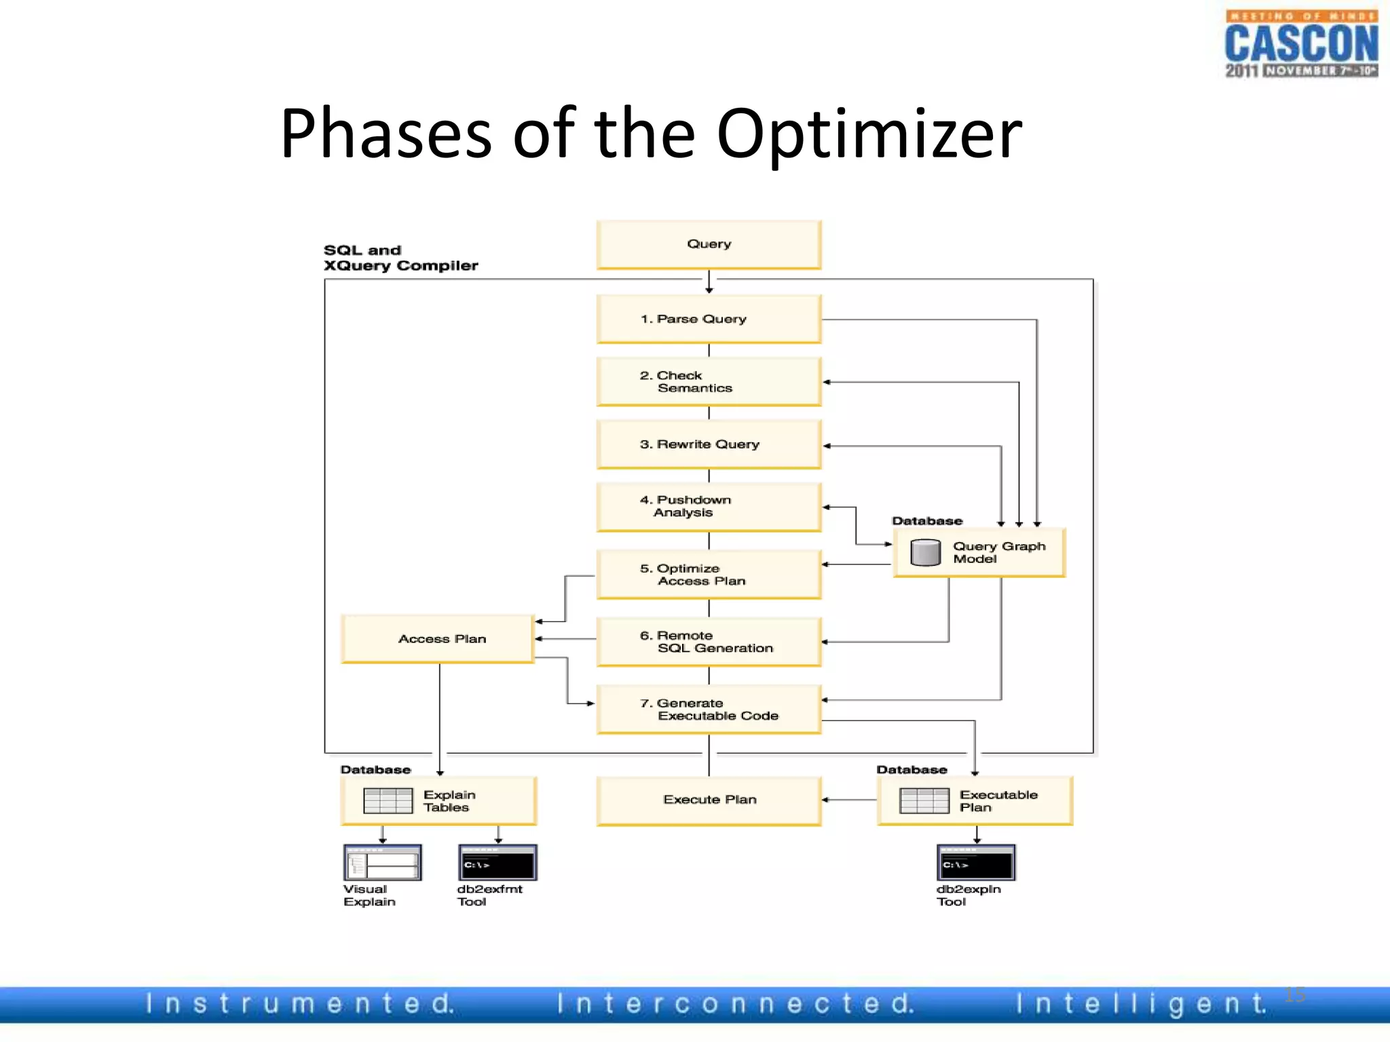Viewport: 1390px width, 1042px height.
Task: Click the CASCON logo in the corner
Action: tap(1300, 44)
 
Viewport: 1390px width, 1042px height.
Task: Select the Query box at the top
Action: tap(709, 244)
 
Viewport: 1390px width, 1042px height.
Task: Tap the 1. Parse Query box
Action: tap(709, 319)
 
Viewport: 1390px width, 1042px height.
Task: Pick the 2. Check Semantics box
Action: tap(709, 382)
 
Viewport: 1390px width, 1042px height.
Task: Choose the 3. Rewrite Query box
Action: tap(709, 444)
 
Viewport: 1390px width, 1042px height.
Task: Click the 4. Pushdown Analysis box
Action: tap(709, 507)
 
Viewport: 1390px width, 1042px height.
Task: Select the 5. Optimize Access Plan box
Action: tap(709, 575)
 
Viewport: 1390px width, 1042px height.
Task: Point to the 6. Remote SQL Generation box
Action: tap(709, 642)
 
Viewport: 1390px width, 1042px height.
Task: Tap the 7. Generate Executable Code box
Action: tap(709, 710)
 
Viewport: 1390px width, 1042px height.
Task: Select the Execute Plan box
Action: tap(709, 800)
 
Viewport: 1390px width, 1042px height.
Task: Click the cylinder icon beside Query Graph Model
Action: tap(925, 552)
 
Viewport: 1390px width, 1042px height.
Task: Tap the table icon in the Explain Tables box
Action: tap(388, 800)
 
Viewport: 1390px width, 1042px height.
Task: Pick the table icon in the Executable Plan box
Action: tap(924, 800)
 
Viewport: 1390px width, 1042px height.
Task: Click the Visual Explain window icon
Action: tap(382, 863)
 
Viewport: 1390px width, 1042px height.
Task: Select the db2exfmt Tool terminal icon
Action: tap(497, 863)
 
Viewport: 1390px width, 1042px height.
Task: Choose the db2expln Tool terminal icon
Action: tap(976, 863)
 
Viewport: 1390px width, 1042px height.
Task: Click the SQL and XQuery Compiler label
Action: tap(400, 258)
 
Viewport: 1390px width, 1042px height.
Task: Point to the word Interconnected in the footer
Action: tap(736, 1003)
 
